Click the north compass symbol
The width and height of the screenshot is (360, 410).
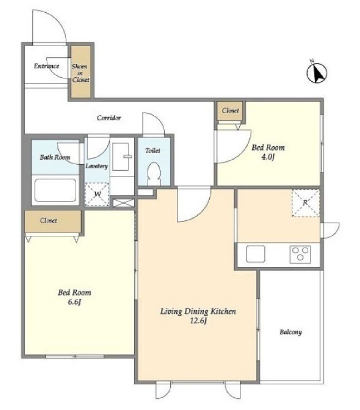point(317,72)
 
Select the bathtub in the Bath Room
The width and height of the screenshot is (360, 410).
point(56,190)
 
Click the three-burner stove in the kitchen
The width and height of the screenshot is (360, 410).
point(300,254)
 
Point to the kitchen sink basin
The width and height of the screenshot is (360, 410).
point(255,254)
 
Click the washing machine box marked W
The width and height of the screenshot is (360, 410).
point(97,194)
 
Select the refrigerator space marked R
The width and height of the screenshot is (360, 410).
point(305,203)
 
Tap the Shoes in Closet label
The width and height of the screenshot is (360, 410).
point(81,73)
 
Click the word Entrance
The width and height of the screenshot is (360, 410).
point(47,66)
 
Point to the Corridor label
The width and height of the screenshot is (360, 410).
point(109,118)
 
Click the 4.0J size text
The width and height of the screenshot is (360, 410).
point(268,157)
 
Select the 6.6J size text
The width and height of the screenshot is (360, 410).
point(75,302)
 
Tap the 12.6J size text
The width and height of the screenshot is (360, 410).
point(198,320)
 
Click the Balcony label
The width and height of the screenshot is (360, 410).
point(290,332)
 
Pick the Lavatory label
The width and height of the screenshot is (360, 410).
point(97,166)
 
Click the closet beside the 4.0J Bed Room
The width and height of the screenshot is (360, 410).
point(230,111)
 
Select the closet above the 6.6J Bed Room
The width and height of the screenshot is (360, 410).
point(53,221)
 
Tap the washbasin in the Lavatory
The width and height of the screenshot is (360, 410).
point(121,157)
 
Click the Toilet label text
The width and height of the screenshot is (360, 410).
point(152,151)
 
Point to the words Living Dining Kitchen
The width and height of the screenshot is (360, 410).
point(198,312)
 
